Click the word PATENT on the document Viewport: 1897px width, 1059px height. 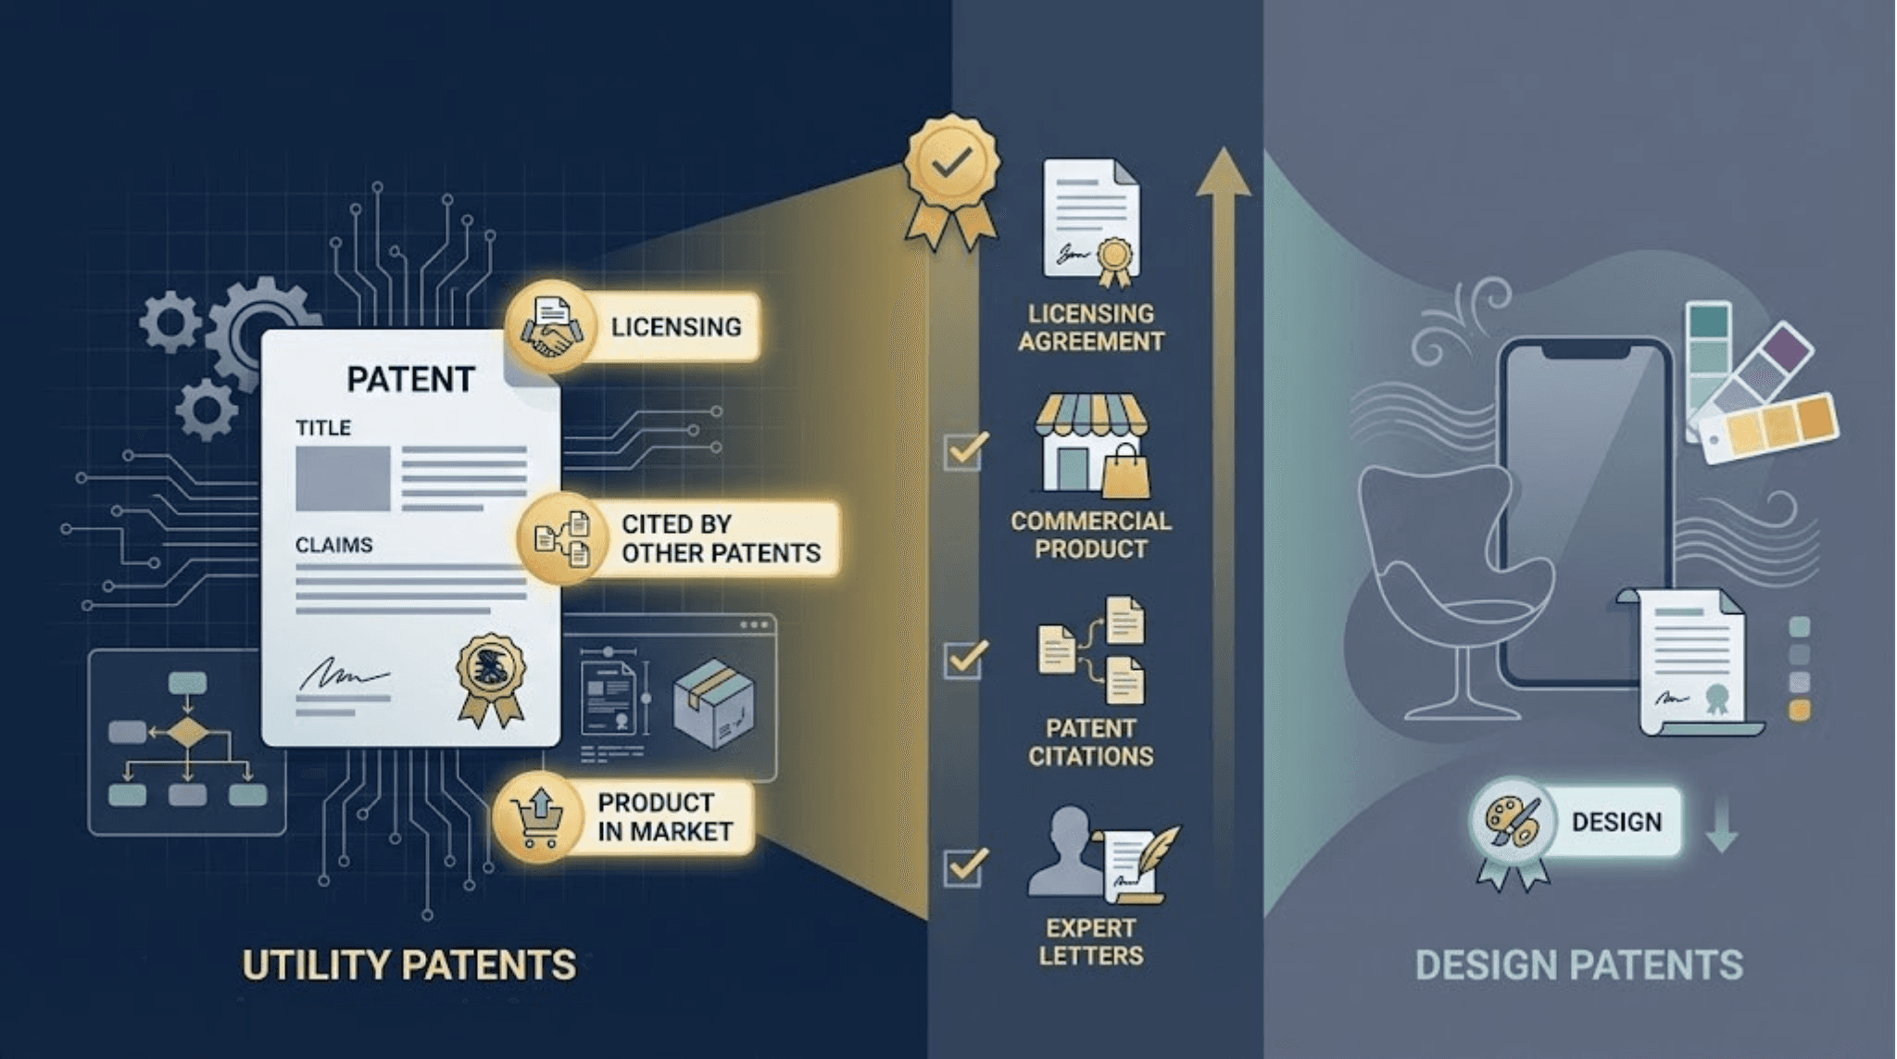click(x=410, y=379)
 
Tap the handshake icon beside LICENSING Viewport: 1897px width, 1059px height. click(x=551, y=327)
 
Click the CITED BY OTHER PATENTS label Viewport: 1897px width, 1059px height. click(x=720, y=538)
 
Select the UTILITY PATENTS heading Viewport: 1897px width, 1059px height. click(x=408, y=965)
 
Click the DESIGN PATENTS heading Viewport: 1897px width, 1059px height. click(x=1578, y=965)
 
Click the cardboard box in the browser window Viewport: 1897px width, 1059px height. click(x=713, y=703)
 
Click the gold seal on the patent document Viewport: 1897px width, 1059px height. click(x=491, y=679)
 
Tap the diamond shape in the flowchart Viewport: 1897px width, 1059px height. click(x=188, y=732)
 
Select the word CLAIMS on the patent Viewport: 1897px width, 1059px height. click(x=333, y=545)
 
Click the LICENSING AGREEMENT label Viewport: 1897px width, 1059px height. click(x=1091, y=328)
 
